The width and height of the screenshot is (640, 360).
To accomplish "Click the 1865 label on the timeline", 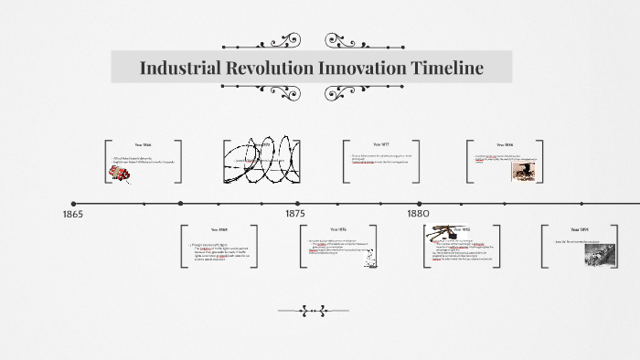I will [x=73, y=214].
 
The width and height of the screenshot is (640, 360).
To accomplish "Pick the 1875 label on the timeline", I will [x=295, y=214].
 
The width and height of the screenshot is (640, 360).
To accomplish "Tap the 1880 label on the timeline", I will [x=419, y=214].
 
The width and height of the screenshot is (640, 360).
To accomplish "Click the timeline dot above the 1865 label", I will [x=73, y=204].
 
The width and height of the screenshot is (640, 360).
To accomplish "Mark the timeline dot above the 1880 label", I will [x=420, y=204].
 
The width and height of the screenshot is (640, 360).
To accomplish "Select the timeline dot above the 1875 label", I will [x=296, y=204].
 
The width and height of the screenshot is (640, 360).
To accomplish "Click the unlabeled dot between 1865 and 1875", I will [x=180, y=204].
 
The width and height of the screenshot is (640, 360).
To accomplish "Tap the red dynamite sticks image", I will [x=119, y=174].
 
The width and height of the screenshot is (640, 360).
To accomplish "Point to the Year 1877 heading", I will [x=381, y=144].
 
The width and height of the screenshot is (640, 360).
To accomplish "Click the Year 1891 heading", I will [x=581, y=229].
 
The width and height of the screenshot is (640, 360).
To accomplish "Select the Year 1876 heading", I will [x=337, y=229].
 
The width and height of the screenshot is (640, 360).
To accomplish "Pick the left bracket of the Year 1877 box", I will [x=346, y=161].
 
